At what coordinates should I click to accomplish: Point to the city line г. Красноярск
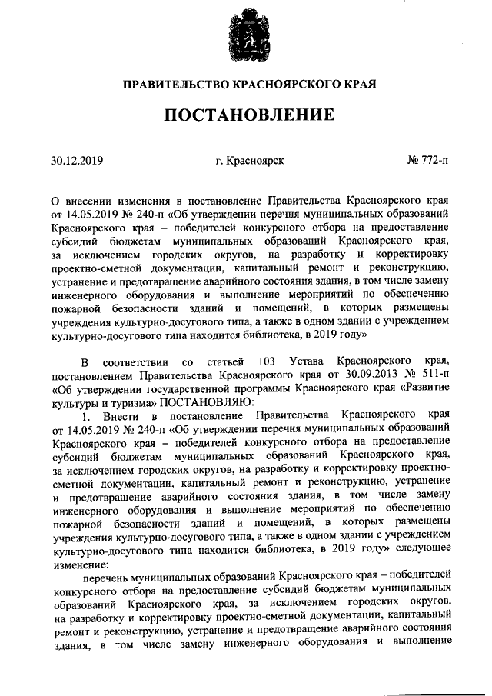coord(250,162)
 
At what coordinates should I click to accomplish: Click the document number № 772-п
coord(427,162)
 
